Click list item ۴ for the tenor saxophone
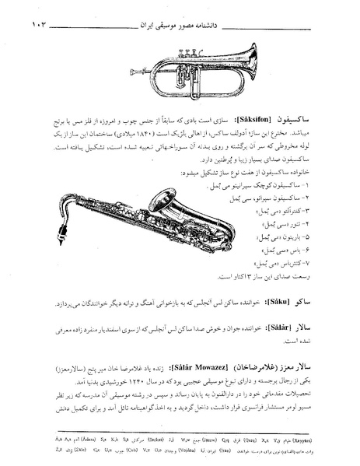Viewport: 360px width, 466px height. [286, 222]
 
